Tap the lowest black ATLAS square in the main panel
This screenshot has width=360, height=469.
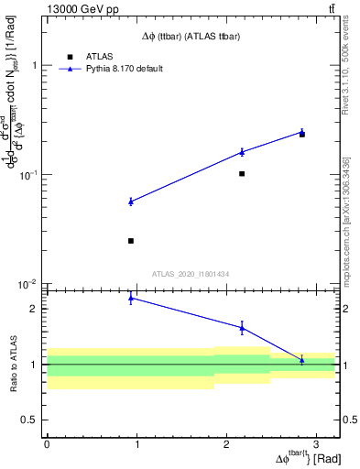tap(131, 241)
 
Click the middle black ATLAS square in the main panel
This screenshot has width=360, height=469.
tap(242, 173)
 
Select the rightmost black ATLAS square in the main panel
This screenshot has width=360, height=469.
tap(302, 134)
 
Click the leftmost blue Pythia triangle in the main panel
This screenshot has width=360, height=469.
tap(131, 202)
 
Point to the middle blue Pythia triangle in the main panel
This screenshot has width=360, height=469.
tap(242, 151)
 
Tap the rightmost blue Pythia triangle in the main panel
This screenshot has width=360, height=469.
tap(302, 131)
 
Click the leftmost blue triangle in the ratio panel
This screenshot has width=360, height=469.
tap(131, 298)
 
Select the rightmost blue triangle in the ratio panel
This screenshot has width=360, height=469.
tap(302, 359)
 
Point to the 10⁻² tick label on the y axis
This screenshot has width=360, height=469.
tap(29, 283)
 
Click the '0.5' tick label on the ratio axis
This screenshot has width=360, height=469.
tap(29, 420)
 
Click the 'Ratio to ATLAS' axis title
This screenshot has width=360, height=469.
tap(13, 364)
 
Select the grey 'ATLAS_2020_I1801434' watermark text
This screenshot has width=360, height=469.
tap(191, 274)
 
